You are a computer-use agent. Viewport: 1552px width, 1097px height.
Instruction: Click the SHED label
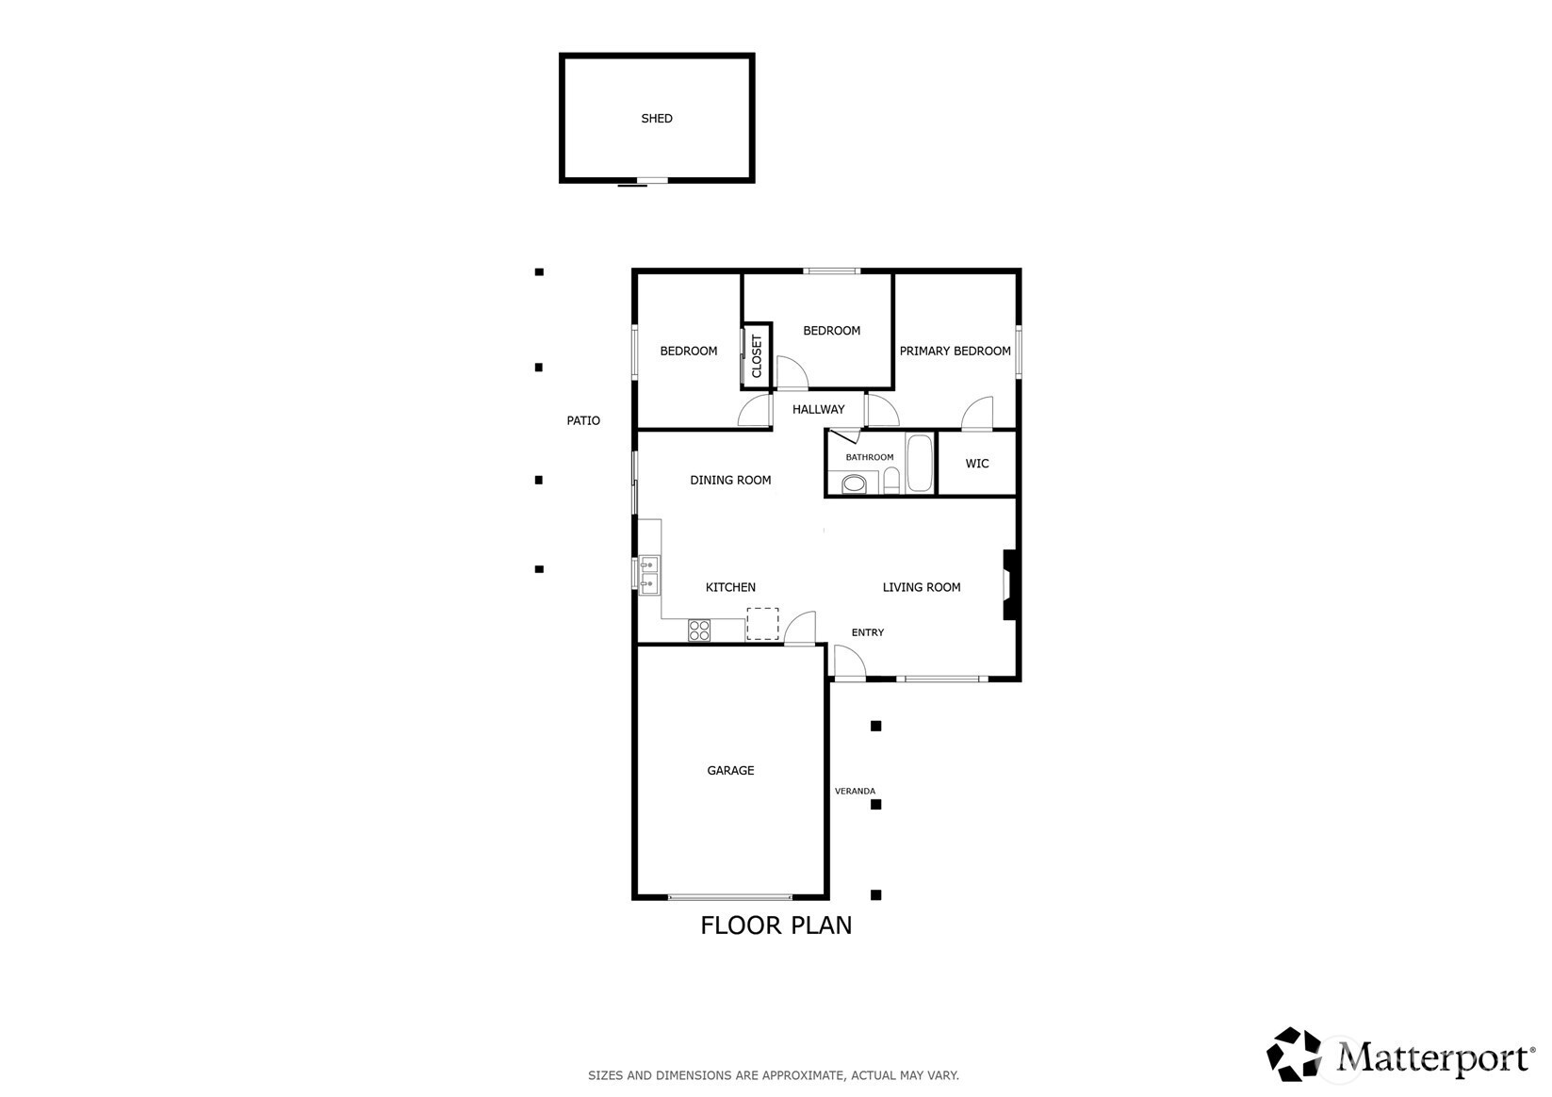coord(656,119)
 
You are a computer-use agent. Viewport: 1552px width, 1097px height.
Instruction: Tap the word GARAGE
coord(730,770)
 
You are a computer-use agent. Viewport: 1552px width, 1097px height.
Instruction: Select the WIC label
coord(977,463)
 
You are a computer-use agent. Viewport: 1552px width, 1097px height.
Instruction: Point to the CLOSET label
coord(757,356)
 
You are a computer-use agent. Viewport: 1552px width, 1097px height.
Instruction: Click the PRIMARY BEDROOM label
coord(955,351)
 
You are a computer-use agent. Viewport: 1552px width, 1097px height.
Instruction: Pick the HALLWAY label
coord(818,409)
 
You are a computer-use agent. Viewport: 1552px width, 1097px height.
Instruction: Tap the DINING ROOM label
coord(730,480)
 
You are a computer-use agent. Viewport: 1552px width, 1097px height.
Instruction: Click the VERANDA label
coord(855,791)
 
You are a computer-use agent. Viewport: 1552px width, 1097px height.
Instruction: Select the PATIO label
coord(583,420)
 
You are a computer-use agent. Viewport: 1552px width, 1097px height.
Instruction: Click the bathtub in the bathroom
coord(920,463)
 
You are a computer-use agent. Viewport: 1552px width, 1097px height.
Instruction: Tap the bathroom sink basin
coord(854,483)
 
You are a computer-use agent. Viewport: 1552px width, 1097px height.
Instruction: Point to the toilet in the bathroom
coord(891,481)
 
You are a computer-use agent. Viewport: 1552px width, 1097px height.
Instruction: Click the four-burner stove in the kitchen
coord(698,630)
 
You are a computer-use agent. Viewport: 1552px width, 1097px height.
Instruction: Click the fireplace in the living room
coord(1009,585)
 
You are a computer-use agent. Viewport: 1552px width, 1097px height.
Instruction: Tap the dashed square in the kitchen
coord(762,624)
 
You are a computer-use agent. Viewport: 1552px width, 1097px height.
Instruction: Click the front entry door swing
coord(849,662)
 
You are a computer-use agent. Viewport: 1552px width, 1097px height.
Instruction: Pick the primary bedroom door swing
coord(977,413)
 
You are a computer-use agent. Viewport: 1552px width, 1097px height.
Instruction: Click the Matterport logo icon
coord(1294,1054)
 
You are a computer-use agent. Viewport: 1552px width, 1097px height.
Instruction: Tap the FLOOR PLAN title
coord(776,925)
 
